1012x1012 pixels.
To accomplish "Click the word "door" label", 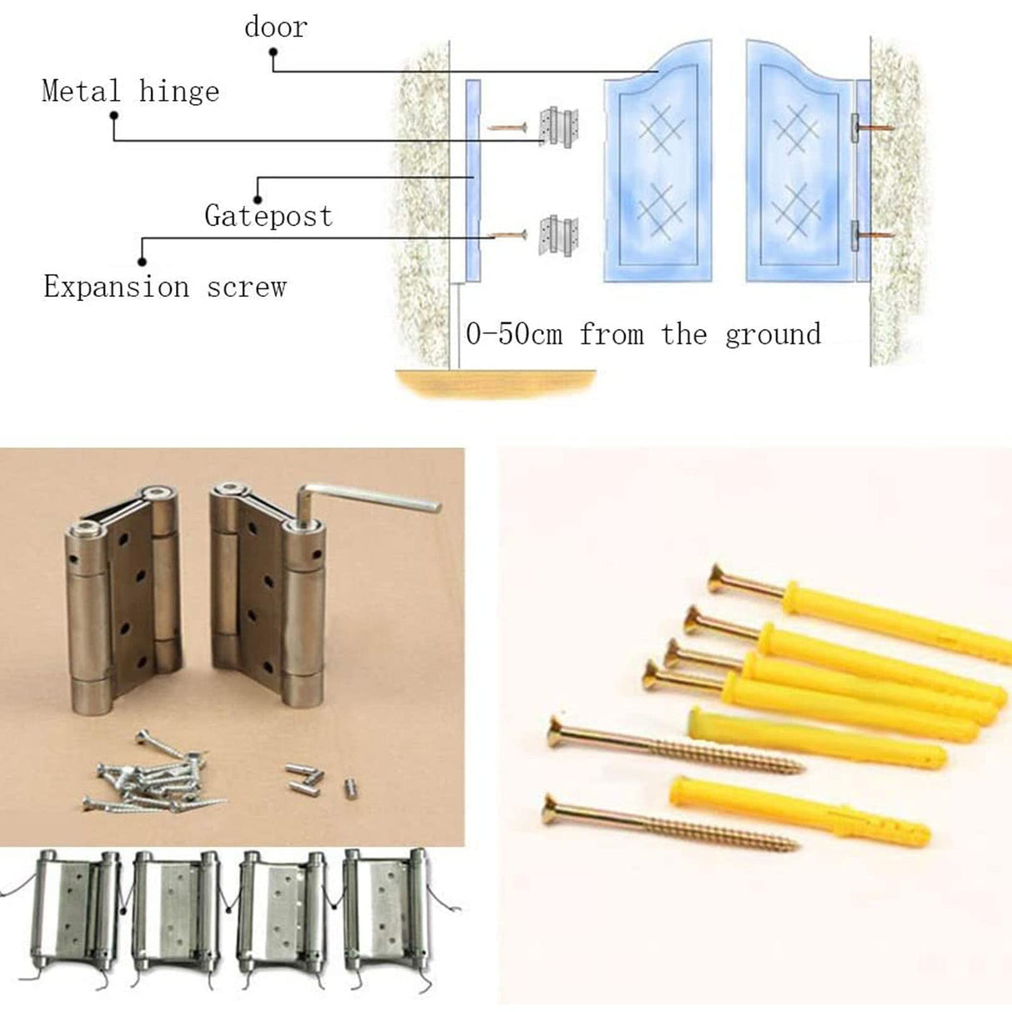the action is [x=276, y=28].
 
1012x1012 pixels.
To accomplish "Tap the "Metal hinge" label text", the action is [x=130, y=92].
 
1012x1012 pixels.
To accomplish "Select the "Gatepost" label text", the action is [x=268, y=216].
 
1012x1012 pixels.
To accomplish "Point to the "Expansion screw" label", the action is [x=165, y=287].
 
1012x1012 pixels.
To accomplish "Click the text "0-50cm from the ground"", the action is [x=644, y=334].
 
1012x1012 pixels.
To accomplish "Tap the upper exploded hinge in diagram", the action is [x=559, y=128].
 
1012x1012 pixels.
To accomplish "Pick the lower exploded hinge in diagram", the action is [x=559, y=236].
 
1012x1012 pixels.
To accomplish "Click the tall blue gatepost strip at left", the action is [x=473, y=181].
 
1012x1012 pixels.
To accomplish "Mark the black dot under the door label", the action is [x=273, y=53].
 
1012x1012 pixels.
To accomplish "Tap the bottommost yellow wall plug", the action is [x=799, y=812].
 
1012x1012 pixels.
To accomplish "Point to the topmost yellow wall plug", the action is [x=896, y=620].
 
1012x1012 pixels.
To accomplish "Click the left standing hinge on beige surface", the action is [x=124, y=599].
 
